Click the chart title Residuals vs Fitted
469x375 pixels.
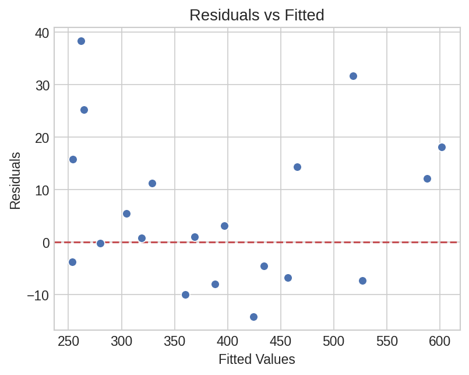click(256, 15)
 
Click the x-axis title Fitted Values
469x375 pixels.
click(256, 359)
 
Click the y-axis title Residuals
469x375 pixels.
click(15, 181)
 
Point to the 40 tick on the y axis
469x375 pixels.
click(41, 33)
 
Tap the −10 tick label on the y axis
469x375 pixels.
click(38, 295)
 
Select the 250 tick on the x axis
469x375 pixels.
click(68, 341)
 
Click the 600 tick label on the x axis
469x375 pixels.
click(440, 341)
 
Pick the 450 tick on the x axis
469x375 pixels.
click(281, 341)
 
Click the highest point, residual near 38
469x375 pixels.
click(81, 41)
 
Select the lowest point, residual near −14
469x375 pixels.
click(253, 317)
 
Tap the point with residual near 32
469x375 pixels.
click(353, 76)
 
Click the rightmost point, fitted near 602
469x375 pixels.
click(442, 147)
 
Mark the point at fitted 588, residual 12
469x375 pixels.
click(427, 178)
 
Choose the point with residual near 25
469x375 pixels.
click(84, 110)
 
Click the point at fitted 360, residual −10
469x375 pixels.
click(185, 295)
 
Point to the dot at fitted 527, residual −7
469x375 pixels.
click(362, 281)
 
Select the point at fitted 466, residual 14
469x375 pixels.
click(297, 167)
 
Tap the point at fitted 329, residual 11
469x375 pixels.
click(152, 183)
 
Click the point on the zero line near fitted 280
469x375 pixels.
click(100, 243)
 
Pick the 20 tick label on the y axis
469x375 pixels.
click(41, 138)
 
